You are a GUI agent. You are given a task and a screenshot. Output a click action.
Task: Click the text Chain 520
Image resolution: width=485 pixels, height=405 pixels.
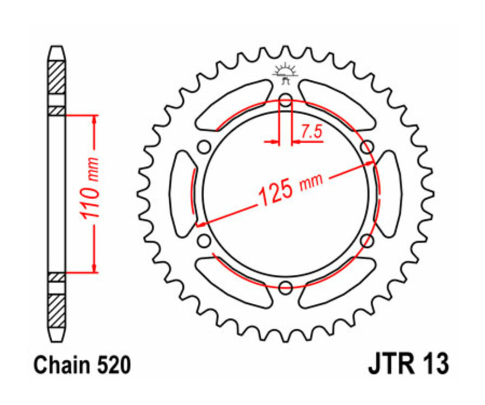tap(81, 366)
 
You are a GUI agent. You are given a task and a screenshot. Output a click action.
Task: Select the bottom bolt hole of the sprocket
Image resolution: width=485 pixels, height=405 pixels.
tap(286, 287)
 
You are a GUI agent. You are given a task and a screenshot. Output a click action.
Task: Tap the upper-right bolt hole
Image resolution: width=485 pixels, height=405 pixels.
tap(366, 147)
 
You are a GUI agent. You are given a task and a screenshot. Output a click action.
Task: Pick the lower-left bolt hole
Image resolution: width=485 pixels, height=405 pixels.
tap(204, 240)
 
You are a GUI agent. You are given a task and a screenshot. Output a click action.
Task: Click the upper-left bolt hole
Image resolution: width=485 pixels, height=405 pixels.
tap(204, 147)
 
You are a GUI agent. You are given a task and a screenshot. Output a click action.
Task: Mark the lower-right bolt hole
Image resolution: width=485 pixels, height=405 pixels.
tap(366, 240)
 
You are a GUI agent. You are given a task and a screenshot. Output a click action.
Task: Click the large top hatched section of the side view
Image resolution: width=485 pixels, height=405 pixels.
tap(57, 79)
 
